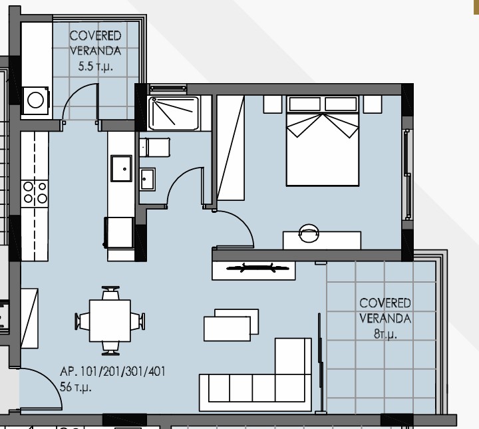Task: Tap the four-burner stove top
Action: click(x=35, y=192)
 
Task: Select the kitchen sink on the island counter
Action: click(x=121, y=169)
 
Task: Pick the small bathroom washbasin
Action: click(x=148, y=178)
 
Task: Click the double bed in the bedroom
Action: click(x=323, y=140)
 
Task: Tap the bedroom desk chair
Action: click(x=309, y=233)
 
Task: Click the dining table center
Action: click(x=110, y=321)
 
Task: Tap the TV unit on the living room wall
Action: click(x=253, y=269)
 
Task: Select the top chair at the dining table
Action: click(x=110, y=293)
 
